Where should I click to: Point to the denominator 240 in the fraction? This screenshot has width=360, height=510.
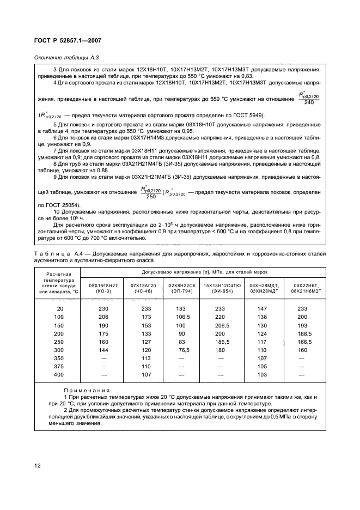click(x=309, y=102)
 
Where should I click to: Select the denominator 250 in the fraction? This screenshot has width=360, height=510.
click(x=143, y=197)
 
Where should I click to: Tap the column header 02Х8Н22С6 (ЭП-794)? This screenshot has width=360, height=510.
click(x=181, y=288)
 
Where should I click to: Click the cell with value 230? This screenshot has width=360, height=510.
click(x=103, y=308)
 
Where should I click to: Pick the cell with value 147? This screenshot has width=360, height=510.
click(x=261, y=308)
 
